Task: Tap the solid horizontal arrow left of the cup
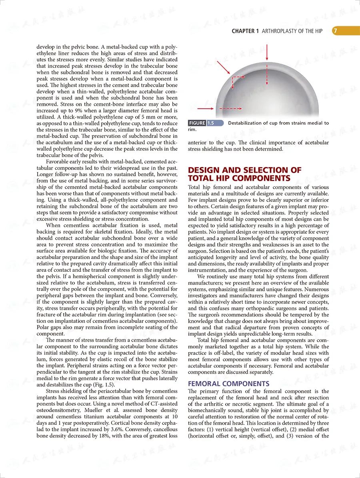(x=206, y=108)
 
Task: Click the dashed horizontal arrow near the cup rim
(x=230, y=108)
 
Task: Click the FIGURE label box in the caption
(x=197, y=123)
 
